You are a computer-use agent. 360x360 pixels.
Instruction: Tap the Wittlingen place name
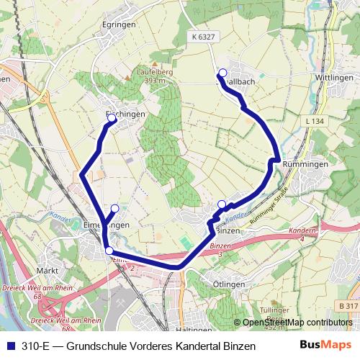pos(333,77)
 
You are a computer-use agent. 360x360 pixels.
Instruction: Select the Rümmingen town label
pos(306,164)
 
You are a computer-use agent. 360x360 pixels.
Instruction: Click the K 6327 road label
pos(204,37)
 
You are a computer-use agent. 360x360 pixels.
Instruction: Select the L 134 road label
pos(314,122)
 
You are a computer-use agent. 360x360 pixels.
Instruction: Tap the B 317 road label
pos(348,306)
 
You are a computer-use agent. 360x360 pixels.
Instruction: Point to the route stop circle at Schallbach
pos(222,72)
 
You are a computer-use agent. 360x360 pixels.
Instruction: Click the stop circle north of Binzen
pos(222,204)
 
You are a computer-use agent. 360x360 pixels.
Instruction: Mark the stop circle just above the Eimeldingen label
pos(114,209)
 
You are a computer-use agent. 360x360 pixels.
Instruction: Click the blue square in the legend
pos(9,346)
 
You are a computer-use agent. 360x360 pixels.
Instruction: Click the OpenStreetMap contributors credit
pos(297,322)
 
